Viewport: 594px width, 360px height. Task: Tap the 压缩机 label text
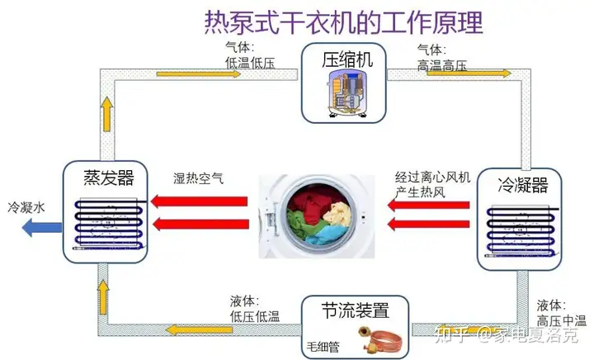click(347, 59)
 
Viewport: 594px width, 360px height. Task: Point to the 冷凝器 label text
click(523, 184)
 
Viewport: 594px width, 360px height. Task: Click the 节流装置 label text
click(356, 310)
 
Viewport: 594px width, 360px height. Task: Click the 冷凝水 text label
click(24, 206)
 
